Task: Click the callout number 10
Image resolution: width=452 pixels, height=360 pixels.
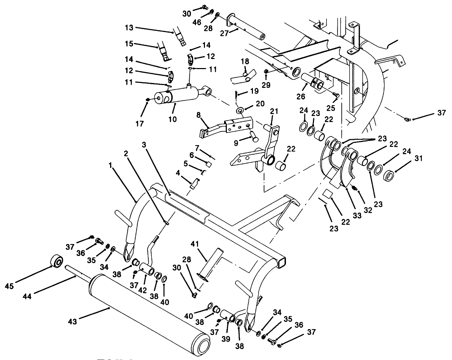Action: [172, 119]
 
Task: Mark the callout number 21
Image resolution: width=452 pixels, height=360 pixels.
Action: [274, 111]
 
